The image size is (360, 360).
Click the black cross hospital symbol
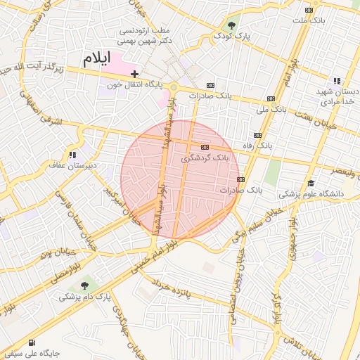click(x=134, y=74)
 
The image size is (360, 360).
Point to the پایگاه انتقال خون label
click(x=135, y=84)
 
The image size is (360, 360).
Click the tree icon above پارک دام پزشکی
click(x=85, y=285)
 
